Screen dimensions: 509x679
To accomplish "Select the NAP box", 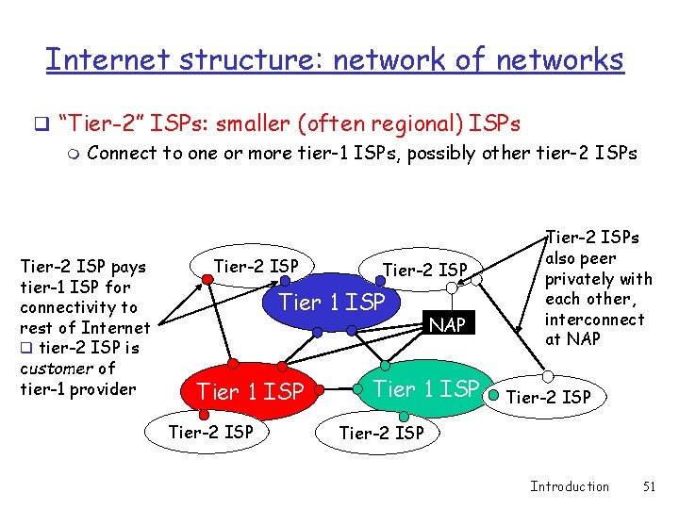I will pyautogui.click(x=448, y=325).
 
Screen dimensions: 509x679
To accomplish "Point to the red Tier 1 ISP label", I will pyautogui.click(x=249, y=391).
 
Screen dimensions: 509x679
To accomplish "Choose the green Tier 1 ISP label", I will pyautogui.click(x=426, y=388).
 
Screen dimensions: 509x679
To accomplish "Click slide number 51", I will pyautogui.click(x=648, y=486).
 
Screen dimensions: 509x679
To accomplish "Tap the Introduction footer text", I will pyautogui.click(x=570, y=486).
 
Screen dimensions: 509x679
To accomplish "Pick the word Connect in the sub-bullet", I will pyautogui.click(x=123, y=153).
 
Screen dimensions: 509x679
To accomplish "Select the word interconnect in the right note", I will pyautogui.click(x=594, y=319).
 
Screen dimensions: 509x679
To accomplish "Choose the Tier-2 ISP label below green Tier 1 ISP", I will pyautogui.click(x=381, y=434).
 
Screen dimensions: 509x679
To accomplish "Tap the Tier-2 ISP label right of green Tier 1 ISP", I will pyautogui.click(x=549, y=398).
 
